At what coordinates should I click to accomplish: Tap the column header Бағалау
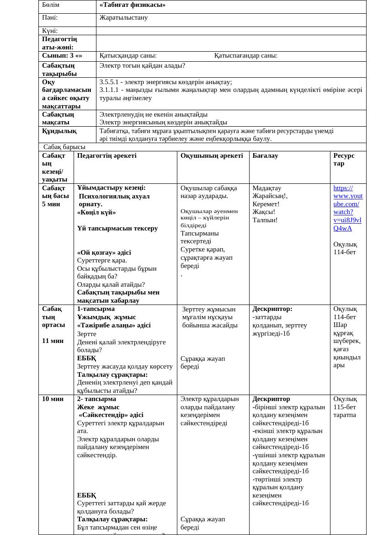(x=265, y=155)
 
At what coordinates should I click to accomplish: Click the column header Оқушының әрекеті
(x=212, y=155)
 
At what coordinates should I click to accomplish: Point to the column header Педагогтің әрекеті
(x=106, y=155)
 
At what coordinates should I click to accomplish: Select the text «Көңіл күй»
(x=96, y=212)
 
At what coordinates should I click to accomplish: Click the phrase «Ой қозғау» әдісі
(x=104, y=252)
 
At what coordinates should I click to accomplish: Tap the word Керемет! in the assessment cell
(x=266, y=204)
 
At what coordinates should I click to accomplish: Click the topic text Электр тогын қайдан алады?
(x=142, y=65)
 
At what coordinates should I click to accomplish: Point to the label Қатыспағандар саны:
(x=245, y=56)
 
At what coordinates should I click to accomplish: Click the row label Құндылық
(x=59, y=131)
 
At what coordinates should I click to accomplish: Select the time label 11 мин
(x=53, y=341)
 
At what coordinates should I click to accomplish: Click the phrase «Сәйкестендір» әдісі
(x=111, y=415)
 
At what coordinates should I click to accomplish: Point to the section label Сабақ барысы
(x=64, y=147)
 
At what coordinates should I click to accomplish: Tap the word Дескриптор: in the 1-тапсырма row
(x=272, y=309)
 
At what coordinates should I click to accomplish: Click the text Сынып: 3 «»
(x=62, y=56)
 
